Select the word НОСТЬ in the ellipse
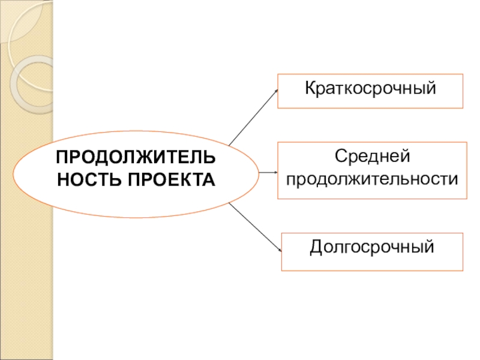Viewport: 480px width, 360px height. coord(83,179)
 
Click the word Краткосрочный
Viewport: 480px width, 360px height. coord(370,90)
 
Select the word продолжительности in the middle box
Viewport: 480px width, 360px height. coord(372,179)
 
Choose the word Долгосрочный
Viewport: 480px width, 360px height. coord(371,247)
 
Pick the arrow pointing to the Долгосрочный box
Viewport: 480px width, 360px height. coord(255,227)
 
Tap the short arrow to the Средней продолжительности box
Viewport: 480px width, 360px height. coord(266,172)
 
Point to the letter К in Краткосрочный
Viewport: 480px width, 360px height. coord(310,90)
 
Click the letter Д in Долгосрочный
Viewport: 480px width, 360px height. coord(316,247)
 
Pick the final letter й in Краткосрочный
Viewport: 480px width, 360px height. coord(430,90)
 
